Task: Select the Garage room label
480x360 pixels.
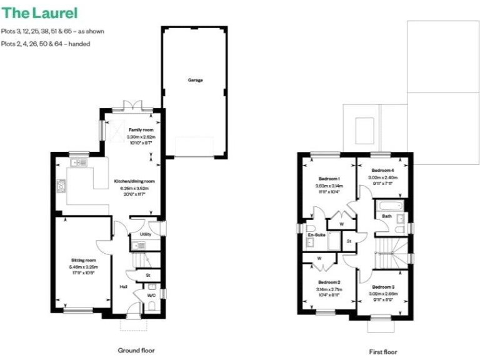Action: (196, 80)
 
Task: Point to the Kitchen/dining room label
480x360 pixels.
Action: (134, 182)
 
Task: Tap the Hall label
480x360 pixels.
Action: (124, 287)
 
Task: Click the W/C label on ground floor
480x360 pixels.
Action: (151, 295)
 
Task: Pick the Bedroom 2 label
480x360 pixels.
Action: (329, 282)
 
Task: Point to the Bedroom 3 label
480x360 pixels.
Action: (383, 286)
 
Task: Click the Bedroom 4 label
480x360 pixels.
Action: (382, 170)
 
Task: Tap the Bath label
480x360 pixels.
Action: (387, 216)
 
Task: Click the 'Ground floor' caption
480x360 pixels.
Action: (136, 351)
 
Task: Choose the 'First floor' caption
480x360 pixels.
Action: (382, 351)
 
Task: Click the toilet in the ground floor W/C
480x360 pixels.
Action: (152, 306)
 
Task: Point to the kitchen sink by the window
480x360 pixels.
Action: (79, 162)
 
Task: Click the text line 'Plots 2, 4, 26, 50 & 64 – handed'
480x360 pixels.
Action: (45, 44)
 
